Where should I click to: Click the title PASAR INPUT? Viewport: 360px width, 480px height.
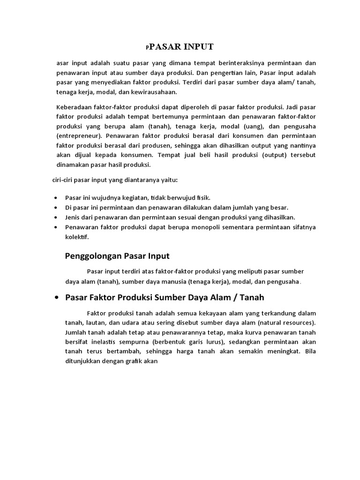[x=181, y=47]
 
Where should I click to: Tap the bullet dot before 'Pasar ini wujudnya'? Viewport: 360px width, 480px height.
[x=56, y=198]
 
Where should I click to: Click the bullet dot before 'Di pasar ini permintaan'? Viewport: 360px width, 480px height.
[x=56, y=208]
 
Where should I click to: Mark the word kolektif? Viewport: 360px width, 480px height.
[x=77, y=237]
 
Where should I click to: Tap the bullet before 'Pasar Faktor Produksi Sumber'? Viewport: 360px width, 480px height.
[x=56, y=298]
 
